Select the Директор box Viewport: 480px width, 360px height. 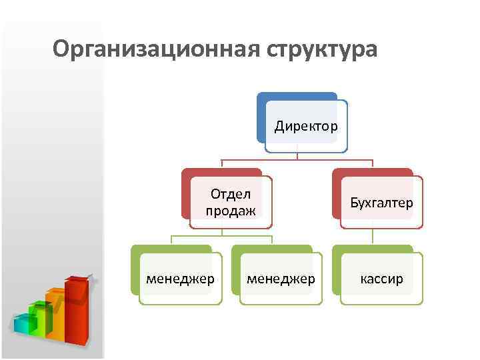(x=306, y=127)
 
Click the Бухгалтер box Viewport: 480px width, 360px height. (x=382, y=203)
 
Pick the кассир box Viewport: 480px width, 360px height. (x=382, y=279)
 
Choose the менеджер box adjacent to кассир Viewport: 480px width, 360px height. (x=281, y=279)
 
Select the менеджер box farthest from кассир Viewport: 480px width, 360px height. (x=181, y=279)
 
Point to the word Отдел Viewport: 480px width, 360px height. (x=230, y=194)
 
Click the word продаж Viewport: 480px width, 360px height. (x=230, y=211)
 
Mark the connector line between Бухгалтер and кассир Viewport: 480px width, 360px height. (x=373, y=237)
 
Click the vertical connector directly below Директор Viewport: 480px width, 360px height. (x=297, y=156)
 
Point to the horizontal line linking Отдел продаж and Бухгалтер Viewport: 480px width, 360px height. (x=297, y=160)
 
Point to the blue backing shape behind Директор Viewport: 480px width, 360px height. (x=261, y=117)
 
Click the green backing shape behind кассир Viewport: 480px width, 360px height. (x=337, y=273)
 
